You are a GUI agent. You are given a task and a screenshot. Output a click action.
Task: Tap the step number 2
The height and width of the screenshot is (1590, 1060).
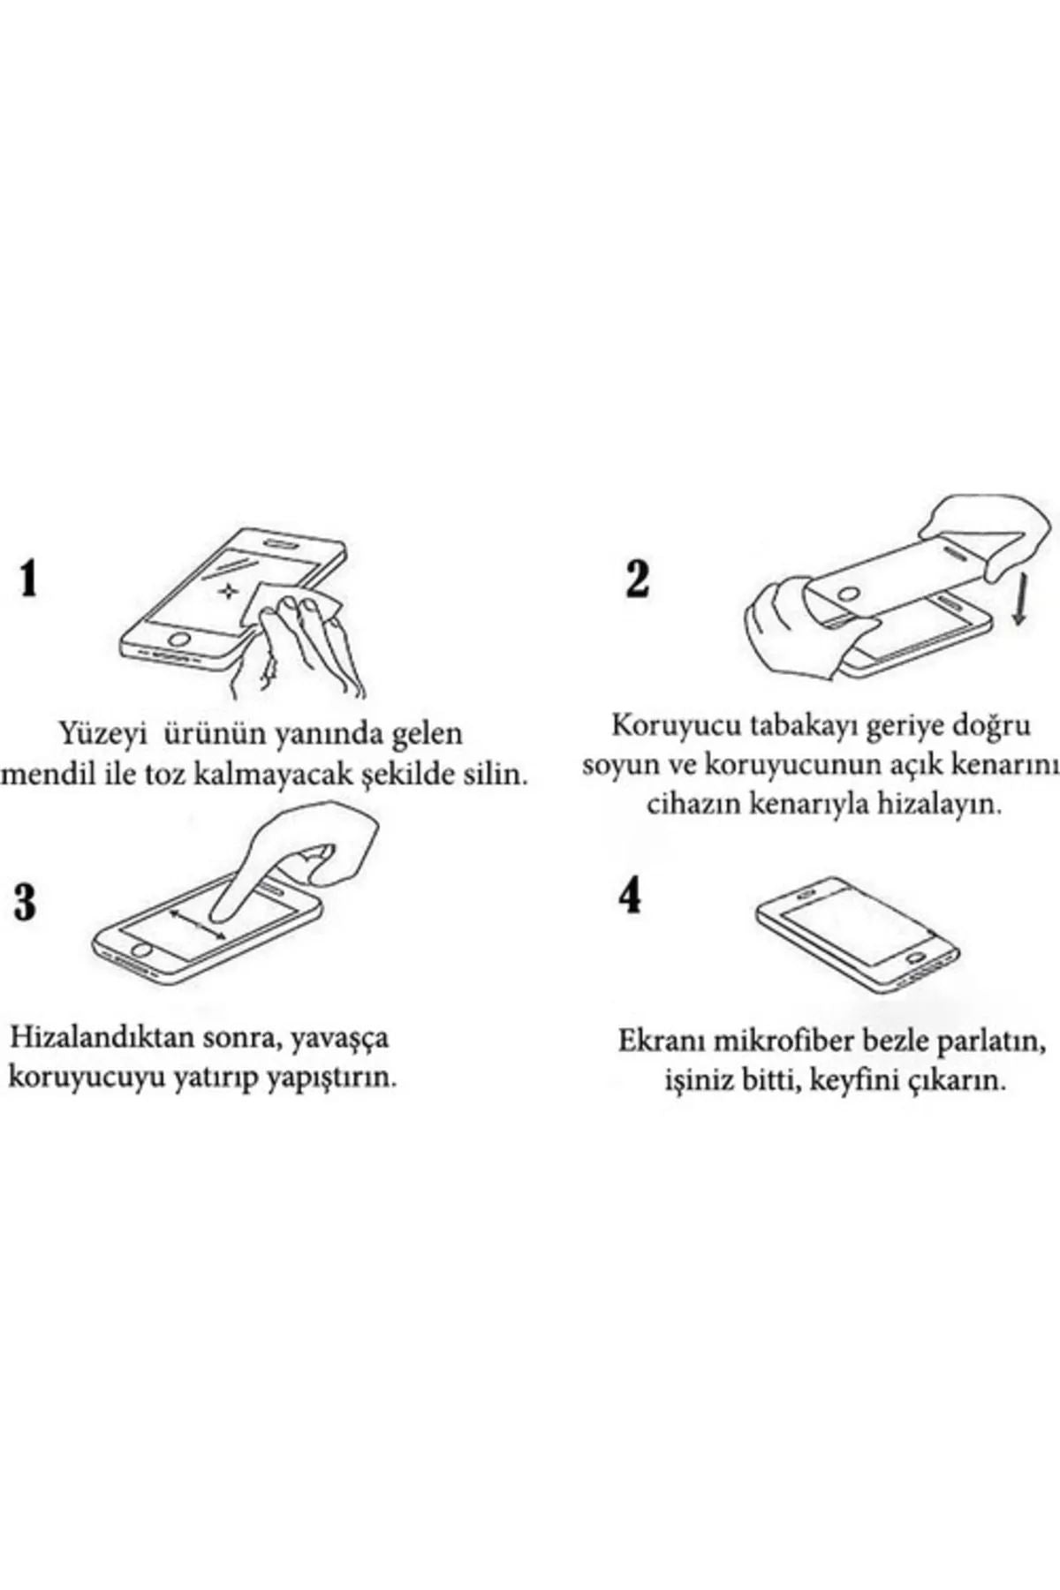[x=637, y=579]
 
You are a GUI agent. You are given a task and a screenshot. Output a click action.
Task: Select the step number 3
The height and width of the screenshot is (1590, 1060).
[x=26, y=902]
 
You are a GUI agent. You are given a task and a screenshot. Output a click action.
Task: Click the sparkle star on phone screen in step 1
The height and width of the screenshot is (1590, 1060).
[x=230, y=591]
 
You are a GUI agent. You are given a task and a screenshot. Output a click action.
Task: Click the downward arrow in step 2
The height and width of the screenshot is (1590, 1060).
[x=1018, y=601]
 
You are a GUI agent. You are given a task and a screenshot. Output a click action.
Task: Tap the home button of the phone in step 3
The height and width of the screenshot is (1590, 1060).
[x=140, y=950]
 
